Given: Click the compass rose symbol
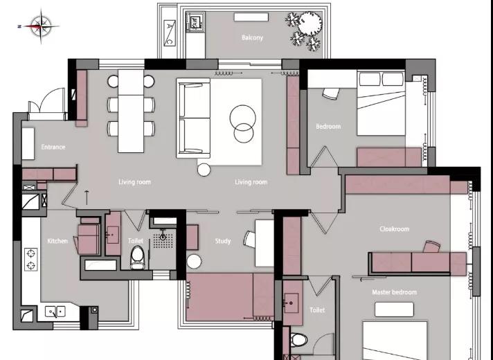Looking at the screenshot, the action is tap(41, 26).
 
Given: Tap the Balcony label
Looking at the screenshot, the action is tap(252, 37).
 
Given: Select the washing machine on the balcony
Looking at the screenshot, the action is tap(195, 21).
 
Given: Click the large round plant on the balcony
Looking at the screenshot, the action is tap(310, 24).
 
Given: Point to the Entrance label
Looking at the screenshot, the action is tap(53, 147).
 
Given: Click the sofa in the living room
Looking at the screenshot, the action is tap(194, 118).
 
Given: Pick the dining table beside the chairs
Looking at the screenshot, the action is tap(131, 111).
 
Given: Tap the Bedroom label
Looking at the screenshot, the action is tap(328, 127).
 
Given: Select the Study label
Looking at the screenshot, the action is tap(223, 241).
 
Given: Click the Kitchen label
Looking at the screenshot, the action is tap(57, 241).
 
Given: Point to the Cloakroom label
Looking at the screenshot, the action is tap(394, 229).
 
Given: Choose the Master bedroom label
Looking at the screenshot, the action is tap(394, 292).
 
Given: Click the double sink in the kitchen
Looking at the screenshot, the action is tap(55, 312).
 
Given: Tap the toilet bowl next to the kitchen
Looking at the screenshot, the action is tap(137, 258).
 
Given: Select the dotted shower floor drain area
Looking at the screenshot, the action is tap(163, 240).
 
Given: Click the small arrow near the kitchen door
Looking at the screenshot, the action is tap(87, 197).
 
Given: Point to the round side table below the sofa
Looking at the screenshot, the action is tap(204, 170).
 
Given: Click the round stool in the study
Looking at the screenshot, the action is tap(194, 262).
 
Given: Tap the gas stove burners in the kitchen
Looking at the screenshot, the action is tap(30, 260).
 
